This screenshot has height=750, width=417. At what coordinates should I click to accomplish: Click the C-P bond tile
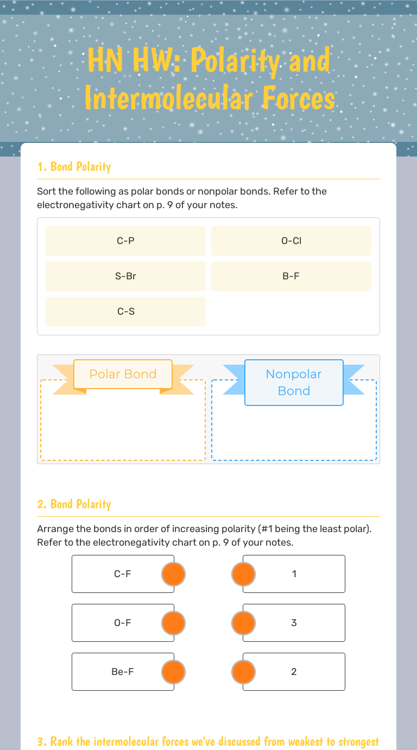(125, 241)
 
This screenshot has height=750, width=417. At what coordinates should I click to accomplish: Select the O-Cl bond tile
(291, 241)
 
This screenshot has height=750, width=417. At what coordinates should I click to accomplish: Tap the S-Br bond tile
(125, 276)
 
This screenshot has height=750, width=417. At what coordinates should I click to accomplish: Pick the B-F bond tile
(291, 276)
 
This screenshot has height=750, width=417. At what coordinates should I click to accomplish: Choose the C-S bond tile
(125, 311)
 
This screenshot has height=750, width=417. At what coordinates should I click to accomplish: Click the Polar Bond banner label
(123, 374)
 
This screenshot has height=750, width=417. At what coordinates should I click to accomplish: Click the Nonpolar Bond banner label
(294, 382)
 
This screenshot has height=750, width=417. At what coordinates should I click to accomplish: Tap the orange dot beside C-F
(174, 574)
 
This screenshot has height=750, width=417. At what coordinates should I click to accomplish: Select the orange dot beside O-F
(174, 623)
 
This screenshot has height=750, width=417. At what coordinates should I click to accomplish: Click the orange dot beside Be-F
(174, 672)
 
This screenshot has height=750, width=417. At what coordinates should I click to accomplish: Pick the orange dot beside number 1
(243, 574)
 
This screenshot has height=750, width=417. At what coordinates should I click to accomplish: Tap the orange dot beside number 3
(243, 623)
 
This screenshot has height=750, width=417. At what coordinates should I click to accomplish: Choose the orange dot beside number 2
(243, 672)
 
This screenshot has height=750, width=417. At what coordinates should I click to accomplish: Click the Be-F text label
(122, 672)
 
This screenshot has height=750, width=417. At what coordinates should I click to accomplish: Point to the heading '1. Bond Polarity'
(74, 166)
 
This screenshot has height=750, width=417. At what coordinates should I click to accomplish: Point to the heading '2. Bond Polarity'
(74, 504)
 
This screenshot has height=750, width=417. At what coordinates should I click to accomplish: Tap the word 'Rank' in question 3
(61, 741)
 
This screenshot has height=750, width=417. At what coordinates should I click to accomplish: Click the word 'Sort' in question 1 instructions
(47, 191)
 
